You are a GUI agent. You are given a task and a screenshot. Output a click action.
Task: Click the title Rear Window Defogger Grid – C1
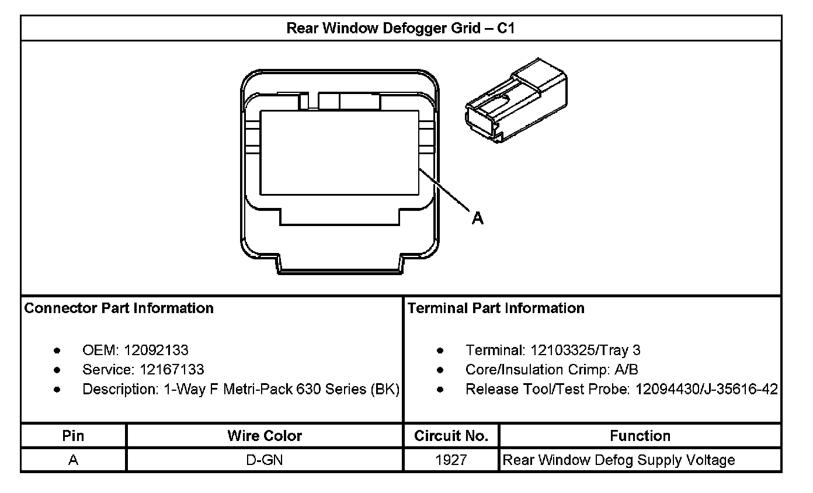point(401,28)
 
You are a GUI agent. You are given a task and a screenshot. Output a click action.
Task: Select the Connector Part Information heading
point(119,308)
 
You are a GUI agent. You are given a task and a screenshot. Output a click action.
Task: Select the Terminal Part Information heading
point(496,308)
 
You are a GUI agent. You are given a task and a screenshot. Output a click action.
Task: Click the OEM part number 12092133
point(156,350)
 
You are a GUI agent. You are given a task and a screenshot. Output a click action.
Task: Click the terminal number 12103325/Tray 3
point(585,350)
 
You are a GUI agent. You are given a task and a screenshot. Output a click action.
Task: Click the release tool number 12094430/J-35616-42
point(706,389)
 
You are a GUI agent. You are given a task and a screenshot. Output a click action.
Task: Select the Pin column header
point(73,436)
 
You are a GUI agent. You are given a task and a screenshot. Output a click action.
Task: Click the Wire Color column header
point(265,436)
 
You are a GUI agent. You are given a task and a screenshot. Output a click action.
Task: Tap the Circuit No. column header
point(451,436)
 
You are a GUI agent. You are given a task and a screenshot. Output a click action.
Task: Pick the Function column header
point(640,436)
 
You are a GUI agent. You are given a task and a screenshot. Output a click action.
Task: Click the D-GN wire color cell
point(265,460)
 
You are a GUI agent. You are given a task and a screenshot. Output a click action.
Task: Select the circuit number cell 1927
point(451,460)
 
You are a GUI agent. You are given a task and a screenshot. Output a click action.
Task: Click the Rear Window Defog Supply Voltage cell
point(619,460)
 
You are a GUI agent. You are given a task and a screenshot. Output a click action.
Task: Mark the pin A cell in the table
point(73,460)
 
